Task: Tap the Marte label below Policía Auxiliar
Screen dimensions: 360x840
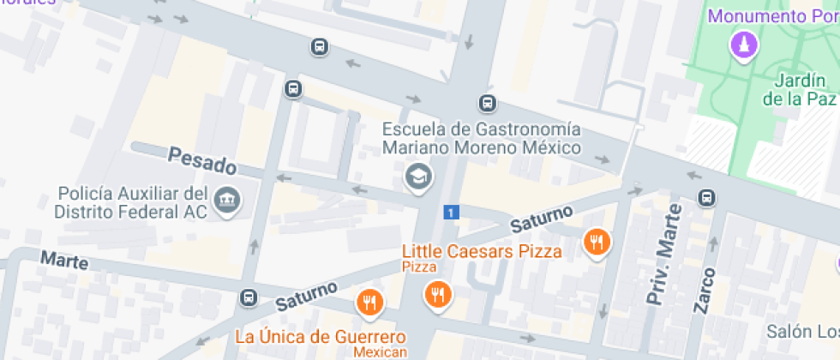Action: point(64,260)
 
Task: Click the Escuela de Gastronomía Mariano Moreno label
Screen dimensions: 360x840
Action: point(481,138)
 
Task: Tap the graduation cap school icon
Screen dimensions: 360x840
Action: point(418,177)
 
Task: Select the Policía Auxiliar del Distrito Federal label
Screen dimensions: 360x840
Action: point(132,202)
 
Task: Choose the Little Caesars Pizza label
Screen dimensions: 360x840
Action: point(483,251)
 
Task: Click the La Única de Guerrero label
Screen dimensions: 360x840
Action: point(320,335)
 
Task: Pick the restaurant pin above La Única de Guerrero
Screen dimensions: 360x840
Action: point(369,302)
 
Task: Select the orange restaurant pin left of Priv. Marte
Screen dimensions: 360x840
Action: point(596,243)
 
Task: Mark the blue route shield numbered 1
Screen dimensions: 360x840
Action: point(451,212)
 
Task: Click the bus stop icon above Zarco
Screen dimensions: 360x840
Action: point(706,197)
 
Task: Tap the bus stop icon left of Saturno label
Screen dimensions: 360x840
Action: point(249,297)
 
